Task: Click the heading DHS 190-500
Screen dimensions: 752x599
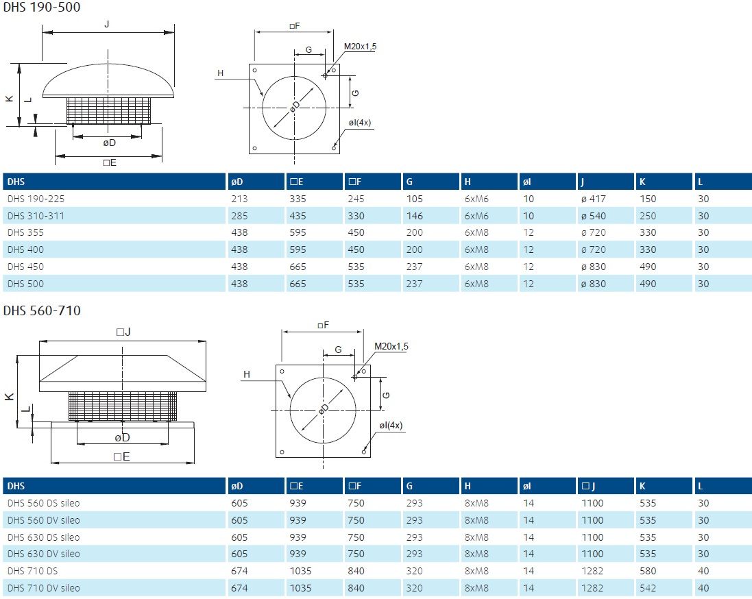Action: pos(42,7)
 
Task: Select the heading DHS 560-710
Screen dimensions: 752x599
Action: pos(42,310)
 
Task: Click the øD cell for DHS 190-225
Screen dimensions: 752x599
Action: pos(239,199)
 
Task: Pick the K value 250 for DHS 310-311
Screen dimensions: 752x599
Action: pos(647,216)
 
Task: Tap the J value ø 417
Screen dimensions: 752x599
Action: pos(593,199)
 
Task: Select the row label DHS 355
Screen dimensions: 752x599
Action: pos(25,232)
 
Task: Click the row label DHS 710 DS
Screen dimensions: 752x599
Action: pos(33,571)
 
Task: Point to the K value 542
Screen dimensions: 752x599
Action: pos(647,588)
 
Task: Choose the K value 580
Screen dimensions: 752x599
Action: pos(647,571)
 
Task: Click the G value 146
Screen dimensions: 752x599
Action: pos(414,216)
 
